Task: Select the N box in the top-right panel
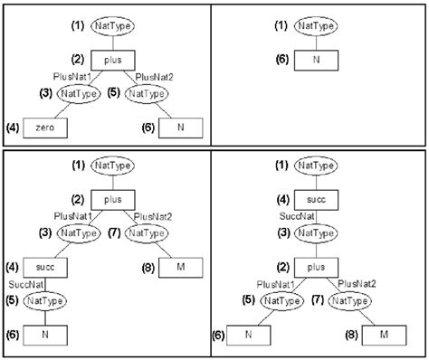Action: click(x=318, y=61)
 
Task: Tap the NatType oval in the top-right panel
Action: click(x=318, y=26)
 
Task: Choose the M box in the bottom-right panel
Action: click(x=384, y=334)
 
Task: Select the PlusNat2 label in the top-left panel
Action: click(x=155, y=80)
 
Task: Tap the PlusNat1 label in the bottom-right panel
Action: click(x=272, y=283)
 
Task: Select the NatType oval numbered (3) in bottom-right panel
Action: click(x=317, y=232)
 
